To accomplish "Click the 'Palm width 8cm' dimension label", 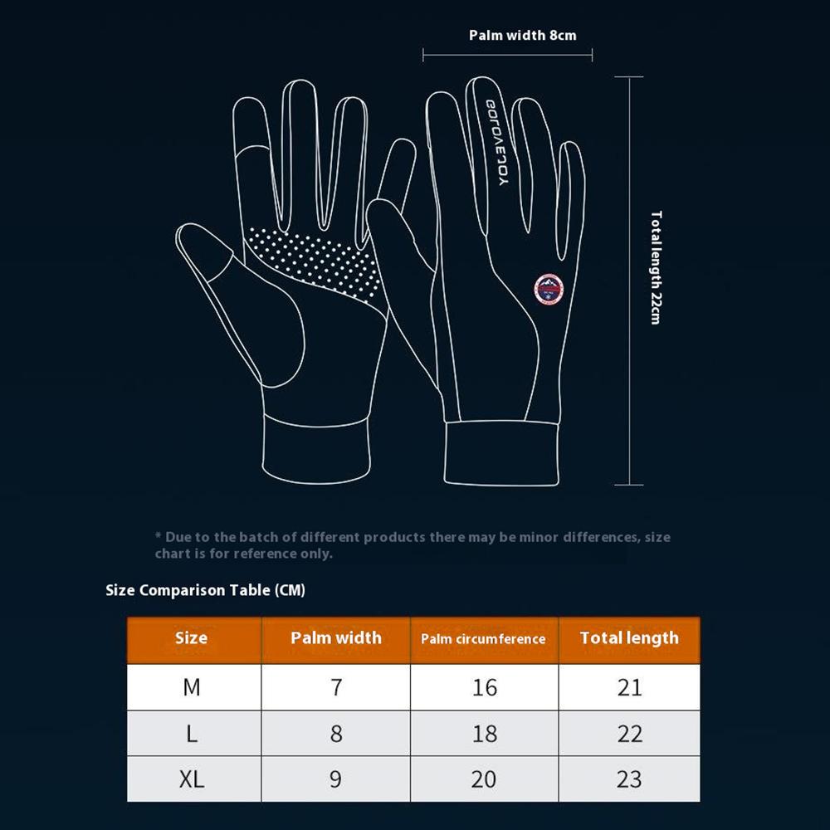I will tap(522, 35).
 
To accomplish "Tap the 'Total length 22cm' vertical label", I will tap(656, 266).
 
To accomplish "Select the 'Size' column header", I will tap(192, 638).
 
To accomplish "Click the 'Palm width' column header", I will tap(335, 638).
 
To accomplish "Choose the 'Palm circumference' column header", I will tap(483, 639).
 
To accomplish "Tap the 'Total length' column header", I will tap(629, 638).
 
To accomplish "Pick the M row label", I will tap(192, 687).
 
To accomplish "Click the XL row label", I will tap(192, 779).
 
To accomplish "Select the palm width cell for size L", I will tap(335, 734).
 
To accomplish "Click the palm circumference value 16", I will tap(484, 687).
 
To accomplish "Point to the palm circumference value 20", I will tap(484, 779).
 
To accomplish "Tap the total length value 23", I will tap(629, 779).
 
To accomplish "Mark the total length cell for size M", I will tap(629, 687).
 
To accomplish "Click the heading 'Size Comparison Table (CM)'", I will tap(206, 590).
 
